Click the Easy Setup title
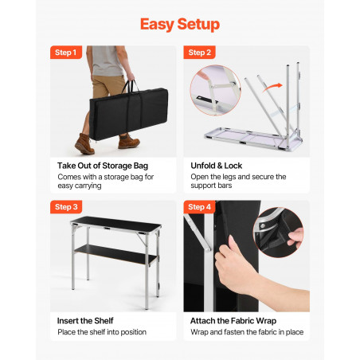click(180, 24)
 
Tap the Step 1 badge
click(66, 53)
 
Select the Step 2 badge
click(199, 53)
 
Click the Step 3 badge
click(66, 207)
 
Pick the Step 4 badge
click(199, 207)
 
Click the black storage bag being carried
click(128, 114)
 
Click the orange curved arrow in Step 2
click(272, 88)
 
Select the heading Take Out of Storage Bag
click(103, 166)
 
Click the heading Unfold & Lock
click(217, 166)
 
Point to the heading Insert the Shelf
click(85, 321)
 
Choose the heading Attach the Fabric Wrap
click(233, 321)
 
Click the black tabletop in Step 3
click(116, 224)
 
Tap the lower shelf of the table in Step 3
click(115, 255)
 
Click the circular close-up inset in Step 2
click(215, 90)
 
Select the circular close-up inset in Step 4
click(278, 233)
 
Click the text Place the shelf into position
click(102, 332)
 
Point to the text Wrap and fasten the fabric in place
click(247, 332)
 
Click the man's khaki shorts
click(108, 86)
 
